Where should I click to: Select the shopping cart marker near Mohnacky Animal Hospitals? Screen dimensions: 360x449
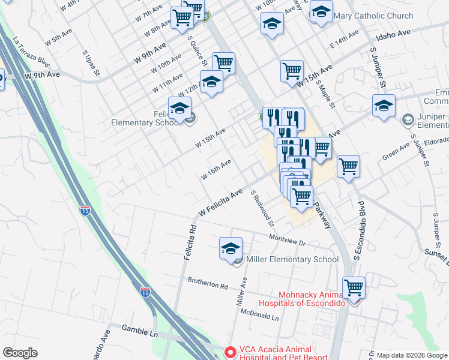point(354,288)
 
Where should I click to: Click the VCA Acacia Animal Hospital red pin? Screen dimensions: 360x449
point(229,351)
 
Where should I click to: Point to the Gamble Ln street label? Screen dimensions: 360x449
point(139,329)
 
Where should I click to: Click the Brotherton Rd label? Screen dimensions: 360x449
point(208,283)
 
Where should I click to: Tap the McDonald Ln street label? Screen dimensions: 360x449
point(259,315)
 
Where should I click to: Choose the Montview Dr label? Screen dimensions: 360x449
point(288,239)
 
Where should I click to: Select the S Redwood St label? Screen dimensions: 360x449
point(262,208)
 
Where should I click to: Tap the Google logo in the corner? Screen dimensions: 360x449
point(20,353)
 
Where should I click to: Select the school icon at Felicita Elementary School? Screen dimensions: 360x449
point(179,109)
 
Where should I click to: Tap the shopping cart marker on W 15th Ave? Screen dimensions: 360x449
point(292,71)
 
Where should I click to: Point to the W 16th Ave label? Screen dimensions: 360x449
point(216,169)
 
